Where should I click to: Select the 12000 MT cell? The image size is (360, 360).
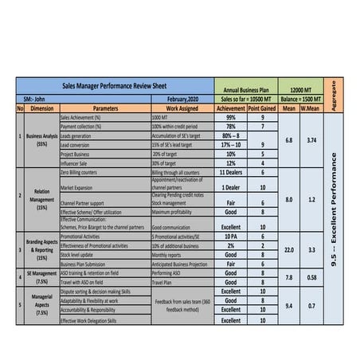[302, 91]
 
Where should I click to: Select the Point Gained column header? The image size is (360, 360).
[262, 108]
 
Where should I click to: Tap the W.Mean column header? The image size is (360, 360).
[312, 108]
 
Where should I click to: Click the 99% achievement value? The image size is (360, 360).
[231, 117]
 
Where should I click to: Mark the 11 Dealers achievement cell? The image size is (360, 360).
[231, 171]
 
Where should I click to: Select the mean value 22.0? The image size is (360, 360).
[290, 249]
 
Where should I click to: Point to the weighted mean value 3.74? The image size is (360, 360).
[312, 140]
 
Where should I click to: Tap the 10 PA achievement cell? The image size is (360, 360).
[231, 237]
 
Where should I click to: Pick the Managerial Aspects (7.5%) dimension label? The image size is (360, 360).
[42, 306]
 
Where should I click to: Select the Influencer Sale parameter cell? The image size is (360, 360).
[75, 163]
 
